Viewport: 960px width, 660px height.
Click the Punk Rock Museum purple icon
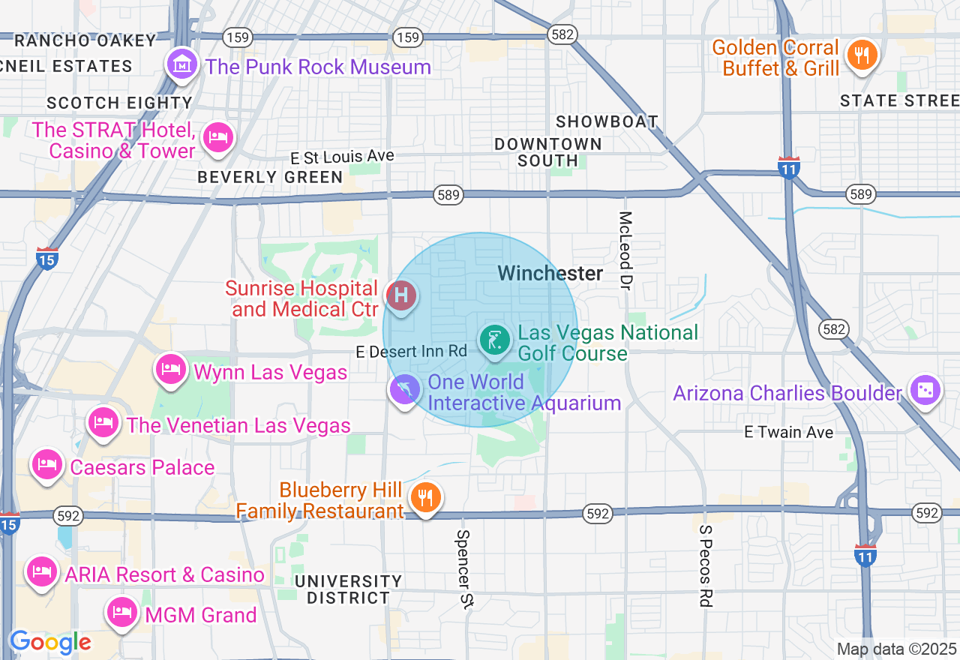point(182,65)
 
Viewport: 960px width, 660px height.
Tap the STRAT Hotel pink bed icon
point(217,137)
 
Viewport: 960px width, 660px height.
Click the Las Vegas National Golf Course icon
point(495,341)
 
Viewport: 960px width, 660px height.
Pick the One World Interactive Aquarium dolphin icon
point(405,390)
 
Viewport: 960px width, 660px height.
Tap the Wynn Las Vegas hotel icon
point(171,369)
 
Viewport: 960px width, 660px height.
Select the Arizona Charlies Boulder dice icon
point(924,391)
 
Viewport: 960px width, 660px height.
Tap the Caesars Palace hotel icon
point(46,464)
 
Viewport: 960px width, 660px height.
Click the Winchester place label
point(550,274)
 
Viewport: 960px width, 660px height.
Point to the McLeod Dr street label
point(625,250)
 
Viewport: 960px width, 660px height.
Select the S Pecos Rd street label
point(705,565)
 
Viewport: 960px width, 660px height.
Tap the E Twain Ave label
point(788,432)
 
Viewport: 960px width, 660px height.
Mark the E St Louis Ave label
point(343,157)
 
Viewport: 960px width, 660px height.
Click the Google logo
point(50,643)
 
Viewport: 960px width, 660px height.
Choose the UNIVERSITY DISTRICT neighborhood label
point(348,589)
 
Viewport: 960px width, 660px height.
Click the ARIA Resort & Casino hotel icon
point(42,572)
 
